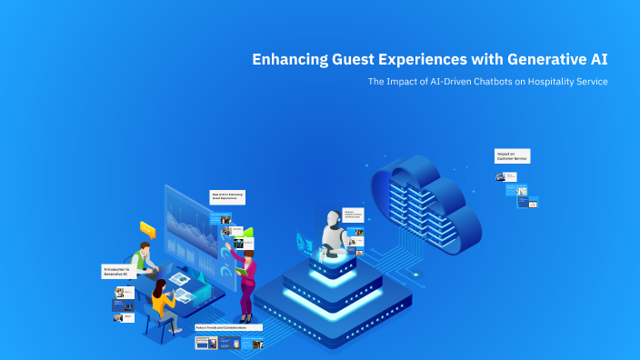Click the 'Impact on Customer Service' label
(512, 156)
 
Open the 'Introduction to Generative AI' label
(119, 271)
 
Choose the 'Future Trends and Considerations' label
(228, 327)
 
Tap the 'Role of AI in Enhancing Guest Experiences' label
(227, 196)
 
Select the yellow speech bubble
(147, 230)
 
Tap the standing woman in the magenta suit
(246, 277)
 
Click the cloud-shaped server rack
(424, 204)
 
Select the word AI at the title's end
(598, 60)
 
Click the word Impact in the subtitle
(400, 82)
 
